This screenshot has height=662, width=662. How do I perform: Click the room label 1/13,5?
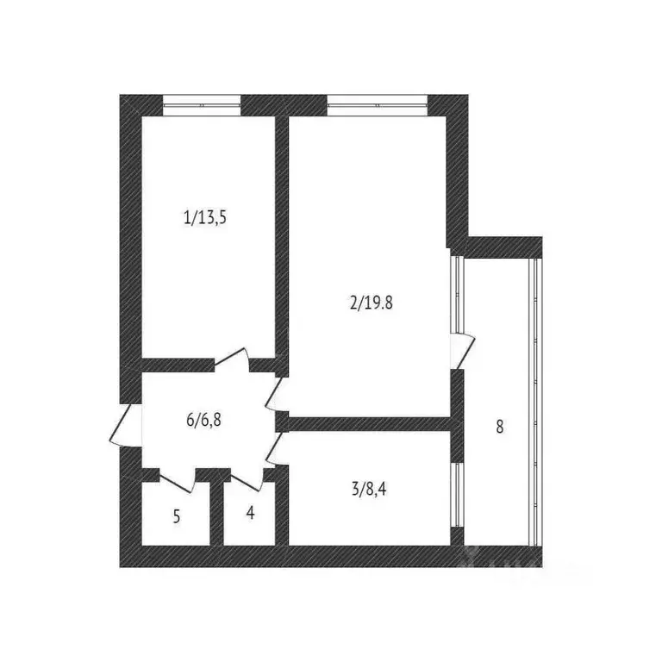tap(204, 217)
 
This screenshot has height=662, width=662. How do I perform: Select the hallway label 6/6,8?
tap(209, 421)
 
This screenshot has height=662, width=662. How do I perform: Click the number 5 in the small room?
tap(177, 517)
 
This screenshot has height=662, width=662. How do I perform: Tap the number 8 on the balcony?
tap(500, 425)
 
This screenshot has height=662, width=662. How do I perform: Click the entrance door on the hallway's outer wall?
tap(126, 425)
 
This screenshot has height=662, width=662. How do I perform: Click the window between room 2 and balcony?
tap(458, 293)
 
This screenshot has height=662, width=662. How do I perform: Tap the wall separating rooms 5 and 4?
tap(216, 513)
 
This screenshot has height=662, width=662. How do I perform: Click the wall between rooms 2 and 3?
tap(371, 423)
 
